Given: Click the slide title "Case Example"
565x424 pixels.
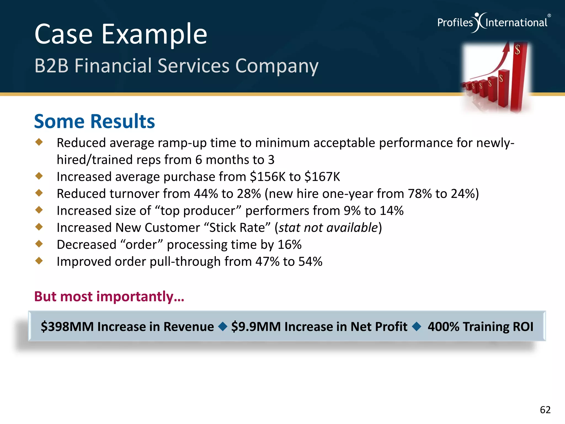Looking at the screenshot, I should click(121, 34).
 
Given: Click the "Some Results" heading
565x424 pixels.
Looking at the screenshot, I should click(94, 121).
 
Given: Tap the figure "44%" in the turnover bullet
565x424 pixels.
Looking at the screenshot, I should click(206, 194).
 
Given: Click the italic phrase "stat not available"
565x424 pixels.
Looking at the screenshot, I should click(328, 228).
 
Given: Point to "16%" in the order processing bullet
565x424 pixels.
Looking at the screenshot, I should click(289, 245).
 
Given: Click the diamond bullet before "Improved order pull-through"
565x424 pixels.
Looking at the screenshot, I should click(39, 260).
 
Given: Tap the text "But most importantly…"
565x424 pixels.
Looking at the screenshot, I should click(109, 296).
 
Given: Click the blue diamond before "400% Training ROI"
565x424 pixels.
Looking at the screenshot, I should click(416, 327).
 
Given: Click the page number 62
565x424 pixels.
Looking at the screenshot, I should click(545, 410).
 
